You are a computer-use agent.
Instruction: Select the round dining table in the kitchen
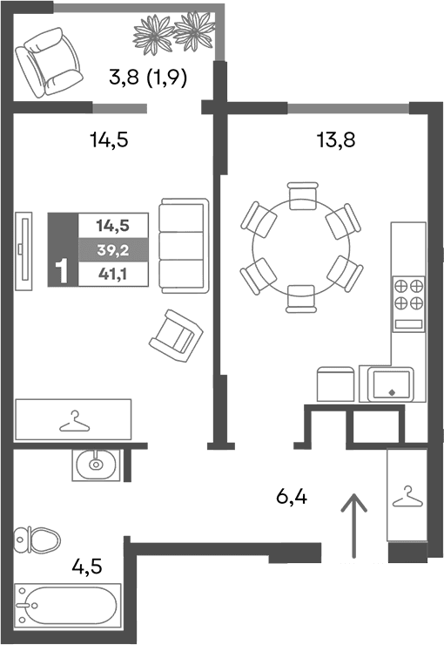tap(300, 247)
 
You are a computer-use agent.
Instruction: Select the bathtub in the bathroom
tap(67, 604)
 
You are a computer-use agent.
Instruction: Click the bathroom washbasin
tap(95, 464)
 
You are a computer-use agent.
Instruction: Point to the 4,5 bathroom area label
tap(87, 567)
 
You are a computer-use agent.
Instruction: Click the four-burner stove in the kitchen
tap(408, 295)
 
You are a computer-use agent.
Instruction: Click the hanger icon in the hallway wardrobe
tap(406, 496)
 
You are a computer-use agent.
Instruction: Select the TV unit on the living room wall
tap(26, 248)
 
